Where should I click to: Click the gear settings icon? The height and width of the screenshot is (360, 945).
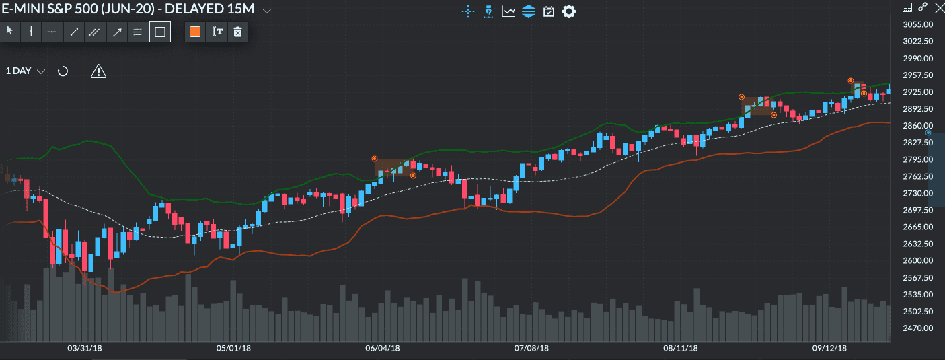point(569,11)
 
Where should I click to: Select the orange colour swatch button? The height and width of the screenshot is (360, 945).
point(195,32)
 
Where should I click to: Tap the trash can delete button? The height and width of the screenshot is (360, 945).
point(237,32)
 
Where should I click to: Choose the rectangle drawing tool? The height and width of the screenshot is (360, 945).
point(160,32)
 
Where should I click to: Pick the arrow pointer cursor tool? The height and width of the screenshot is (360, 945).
point(9,32)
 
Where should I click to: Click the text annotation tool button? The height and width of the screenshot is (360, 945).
point(217,32)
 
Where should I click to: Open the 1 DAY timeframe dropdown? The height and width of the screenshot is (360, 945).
point(26,71)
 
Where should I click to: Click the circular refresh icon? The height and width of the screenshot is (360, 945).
point(63,71)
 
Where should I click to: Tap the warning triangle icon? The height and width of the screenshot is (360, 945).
point(98,71)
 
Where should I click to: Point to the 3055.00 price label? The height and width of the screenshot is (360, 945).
point(917,24)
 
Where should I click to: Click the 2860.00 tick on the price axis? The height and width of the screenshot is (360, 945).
point(917,126)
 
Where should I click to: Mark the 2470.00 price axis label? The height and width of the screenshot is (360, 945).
point(917,328)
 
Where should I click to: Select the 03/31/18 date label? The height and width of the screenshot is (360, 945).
point(85,348)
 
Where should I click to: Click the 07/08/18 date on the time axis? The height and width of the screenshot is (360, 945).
point(531,348)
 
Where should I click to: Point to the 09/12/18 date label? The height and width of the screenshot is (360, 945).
point(829,348)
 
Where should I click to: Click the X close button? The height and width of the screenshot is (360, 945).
point(938,7)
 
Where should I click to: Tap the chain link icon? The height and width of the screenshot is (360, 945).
point(923,7)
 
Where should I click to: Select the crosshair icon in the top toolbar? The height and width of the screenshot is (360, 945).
point(468,11)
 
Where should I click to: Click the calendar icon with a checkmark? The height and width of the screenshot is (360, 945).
point(549,11)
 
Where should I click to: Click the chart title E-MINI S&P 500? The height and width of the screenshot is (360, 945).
point(128,10)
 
